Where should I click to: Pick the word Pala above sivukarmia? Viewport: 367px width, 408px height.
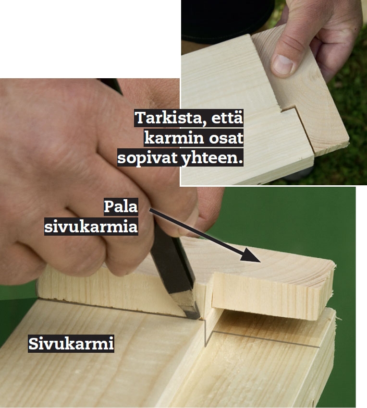pos(121,207)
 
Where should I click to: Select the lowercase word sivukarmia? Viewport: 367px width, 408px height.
pos(91,226)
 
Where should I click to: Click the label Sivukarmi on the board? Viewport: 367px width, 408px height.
pos(71,344)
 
